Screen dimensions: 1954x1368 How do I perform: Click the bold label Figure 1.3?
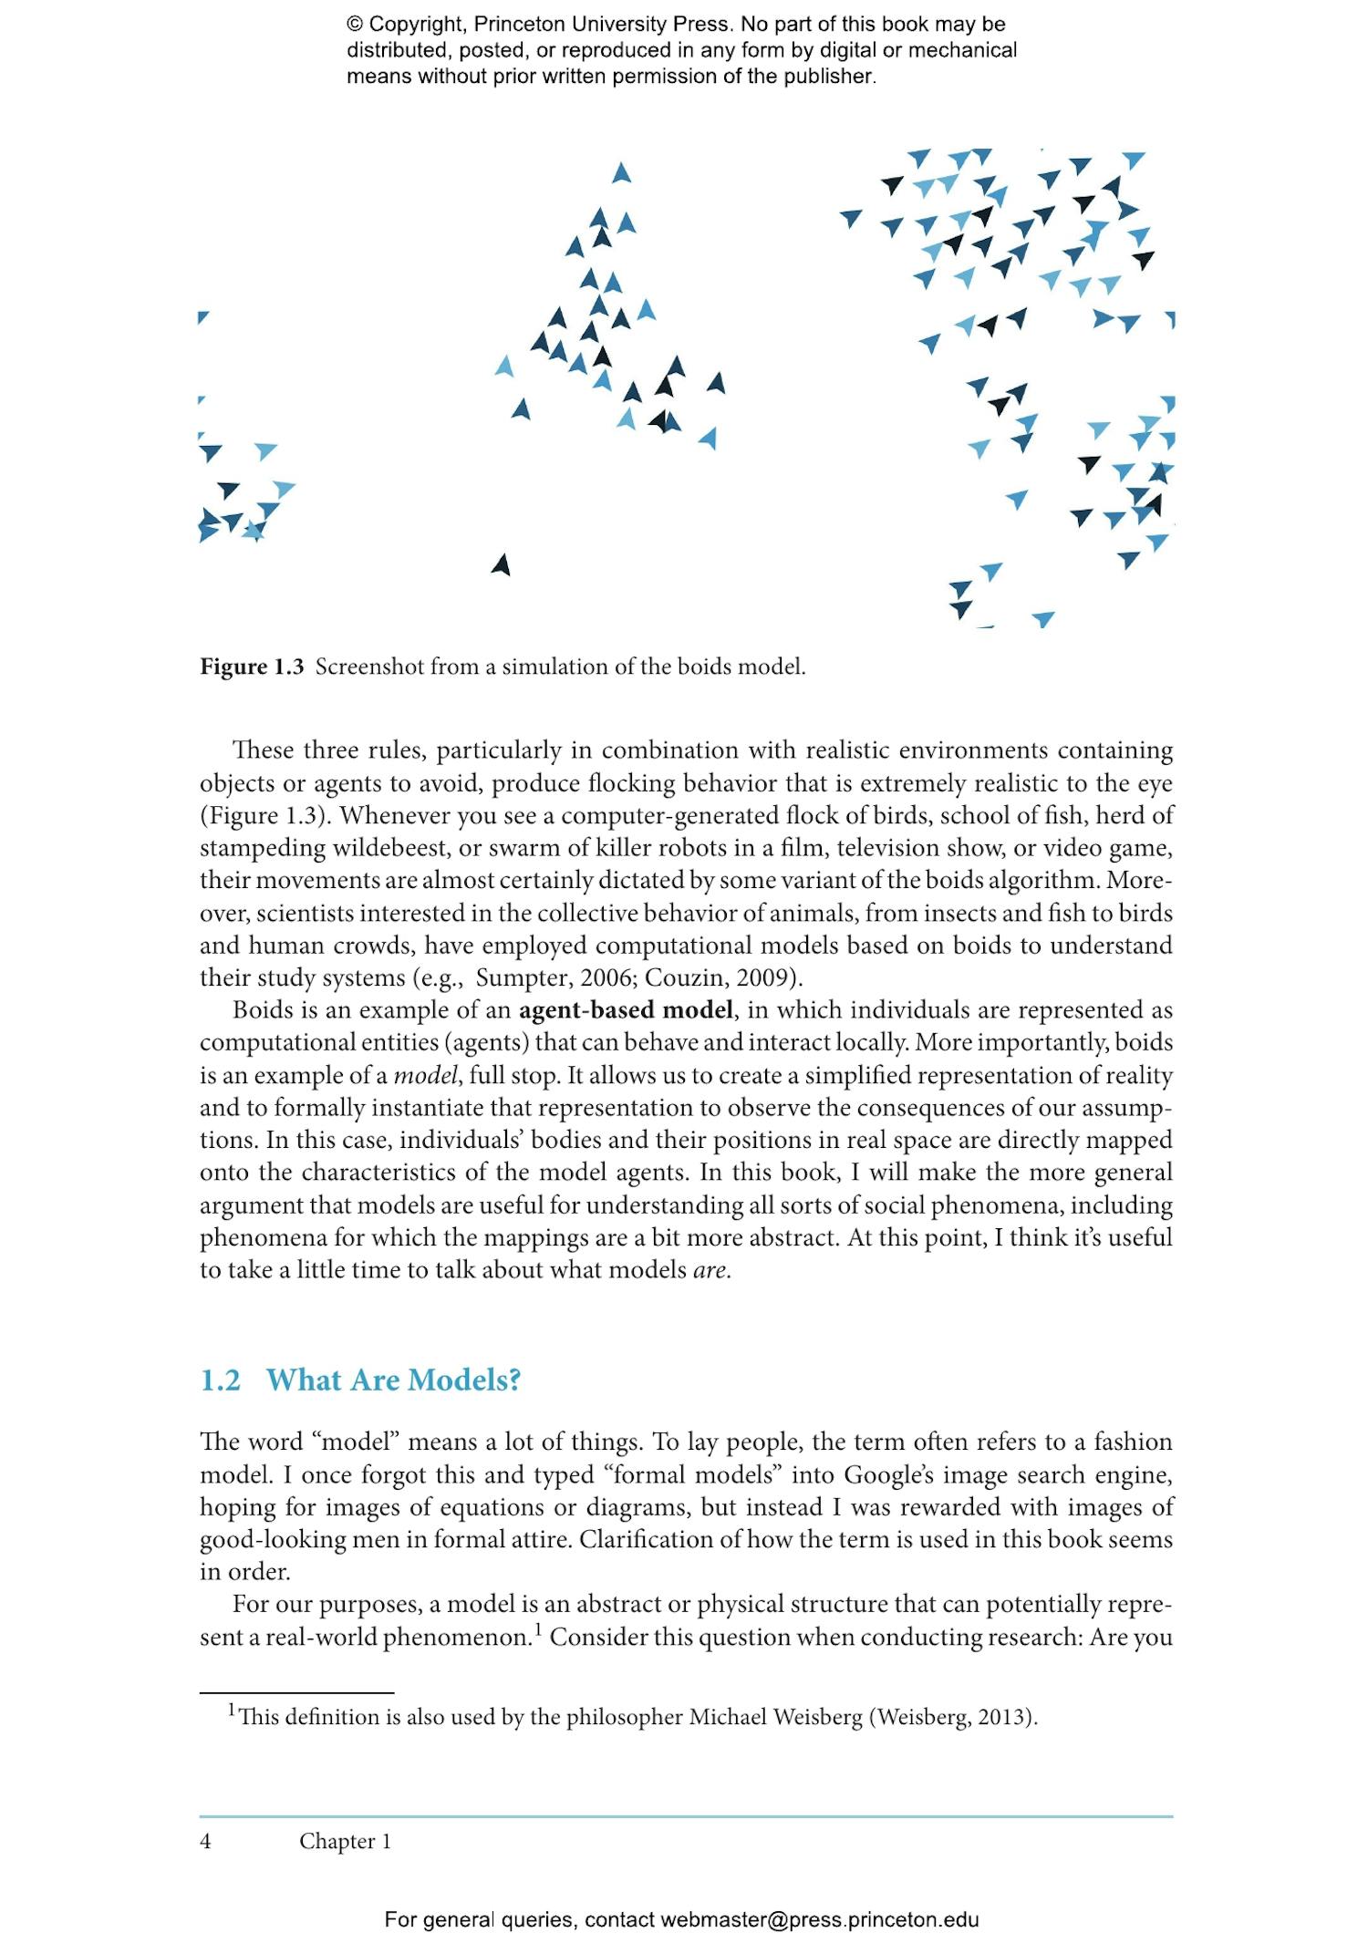coord(251,667)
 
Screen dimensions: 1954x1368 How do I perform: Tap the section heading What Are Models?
coord(393,1380)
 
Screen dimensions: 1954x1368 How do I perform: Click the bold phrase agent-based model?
coord(626,1010)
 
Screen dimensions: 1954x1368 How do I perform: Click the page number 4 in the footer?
coord(205,1841)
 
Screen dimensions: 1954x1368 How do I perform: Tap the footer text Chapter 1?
coord(345,1841)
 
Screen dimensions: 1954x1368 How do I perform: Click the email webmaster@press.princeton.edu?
coord(819,1919)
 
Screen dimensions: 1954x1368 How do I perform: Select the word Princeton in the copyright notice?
coord(519,25)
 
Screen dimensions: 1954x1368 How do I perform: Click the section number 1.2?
coord(220,1380)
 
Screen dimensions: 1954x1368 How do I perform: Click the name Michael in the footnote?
coord(727,1717)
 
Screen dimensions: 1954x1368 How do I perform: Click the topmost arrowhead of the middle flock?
coord(621,172)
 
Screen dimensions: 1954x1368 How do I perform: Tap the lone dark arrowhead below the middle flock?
coord(501,565)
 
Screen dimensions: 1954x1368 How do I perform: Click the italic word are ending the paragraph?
coord(710,1270)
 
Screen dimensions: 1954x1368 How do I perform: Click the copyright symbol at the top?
coord(355,25)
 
